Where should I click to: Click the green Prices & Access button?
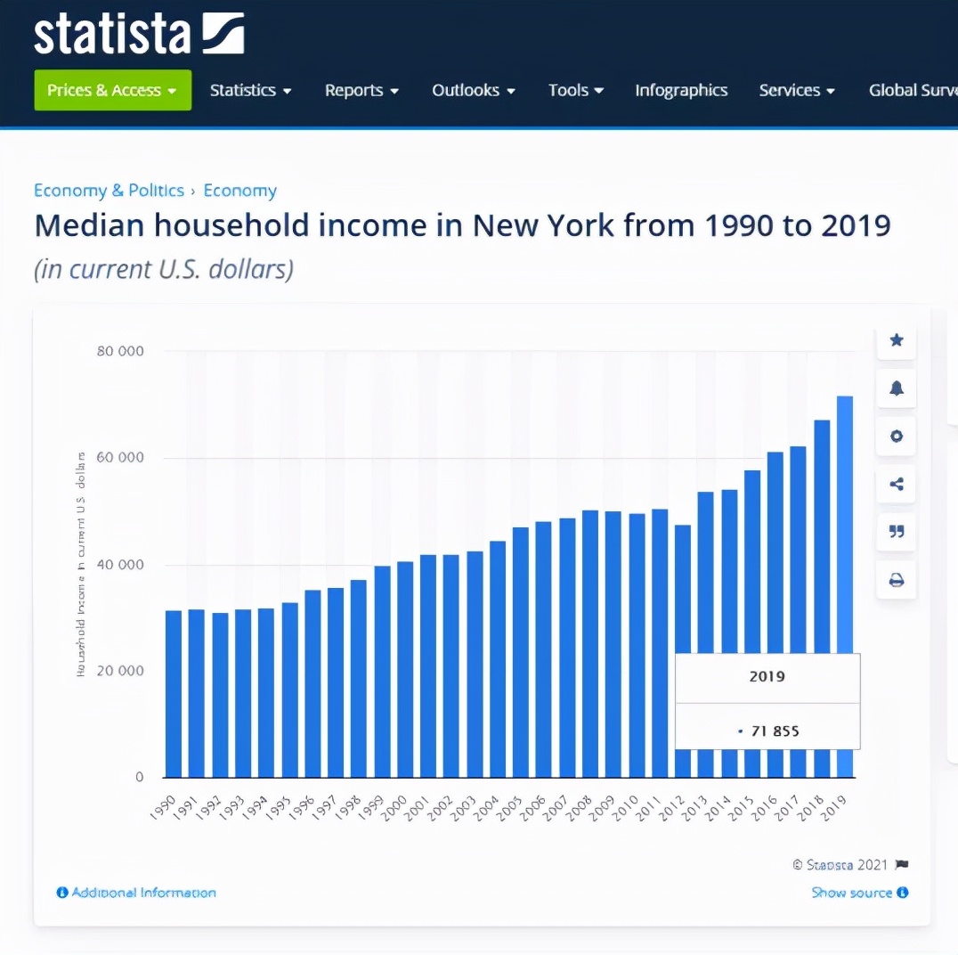tap(112, 90)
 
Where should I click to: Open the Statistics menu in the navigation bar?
tap(250, 90)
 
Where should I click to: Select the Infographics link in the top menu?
tap(681, 90)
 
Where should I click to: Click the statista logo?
tap(138, 34)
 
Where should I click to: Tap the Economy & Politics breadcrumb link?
tap(109, 191)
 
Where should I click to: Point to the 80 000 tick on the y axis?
tap(120, 351)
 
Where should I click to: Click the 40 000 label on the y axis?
tap(120, 565)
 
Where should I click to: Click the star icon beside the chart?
tap(897, 340)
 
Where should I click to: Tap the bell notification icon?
tap(897, 388)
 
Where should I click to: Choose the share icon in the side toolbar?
tap(897, 485)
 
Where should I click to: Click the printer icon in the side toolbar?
tap(897, 581)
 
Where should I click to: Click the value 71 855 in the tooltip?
tap(774, 731)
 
